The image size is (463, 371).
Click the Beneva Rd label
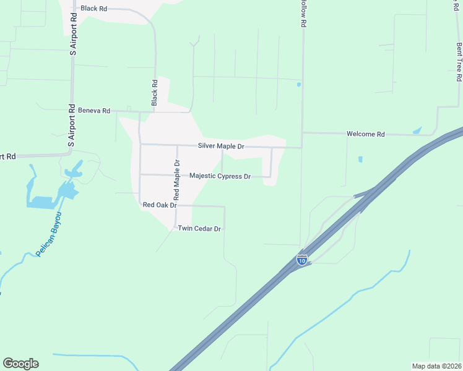[x=94, y=111]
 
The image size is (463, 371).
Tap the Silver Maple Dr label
[x=221, y=147]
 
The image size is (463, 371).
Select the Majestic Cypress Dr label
[x=220, y=176]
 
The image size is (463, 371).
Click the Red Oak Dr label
[x=160, y=205]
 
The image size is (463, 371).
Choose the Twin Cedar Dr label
[x=199, y=229]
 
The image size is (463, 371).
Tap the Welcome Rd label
[x=366, y=134]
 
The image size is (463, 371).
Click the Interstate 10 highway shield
[x=302, y=260]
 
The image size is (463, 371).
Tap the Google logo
[x=20, y=364]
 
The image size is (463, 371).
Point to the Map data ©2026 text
[x=436, y=366]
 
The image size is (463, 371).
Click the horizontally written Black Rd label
[x=94, y=9]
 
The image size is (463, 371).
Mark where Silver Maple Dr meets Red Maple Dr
[x=177, y=145]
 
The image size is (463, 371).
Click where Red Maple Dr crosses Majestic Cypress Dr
[x=177, y=175]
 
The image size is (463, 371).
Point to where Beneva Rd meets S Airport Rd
[x=72, y=110]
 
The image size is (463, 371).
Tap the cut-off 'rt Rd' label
[x=7, y=156]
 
